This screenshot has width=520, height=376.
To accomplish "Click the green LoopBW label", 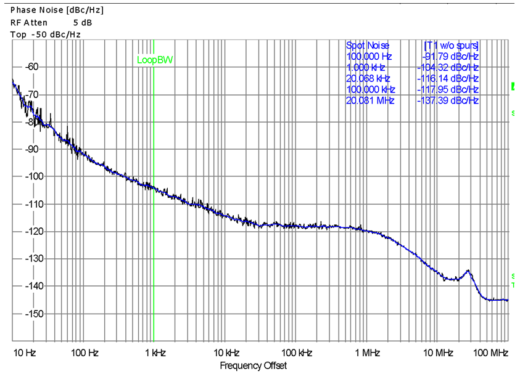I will tap(155, 60).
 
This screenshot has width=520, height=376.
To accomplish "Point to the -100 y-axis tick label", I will tap(28, 176).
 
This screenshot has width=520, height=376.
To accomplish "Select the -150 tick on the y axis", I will tap(28, 314).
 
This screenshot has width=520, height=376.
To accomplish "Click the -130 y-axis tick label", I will tap(28, 259).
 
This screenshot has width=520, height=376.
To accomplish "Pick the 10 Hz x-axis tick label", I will tap(24, 353).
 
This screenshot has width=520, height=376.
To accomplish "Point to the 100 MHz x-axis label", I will tap(491, 353).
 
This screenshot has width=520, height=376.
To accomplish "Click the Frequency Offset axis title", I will tap(253, 366).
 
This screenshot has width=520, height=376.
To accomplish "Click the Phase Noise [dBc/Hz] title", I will tap(57, 10).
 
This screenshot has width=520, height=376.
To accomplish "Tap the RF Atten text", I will tap(28, 22).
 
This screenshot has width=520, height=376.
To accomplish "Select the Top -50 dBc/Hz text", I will tap(46, 34).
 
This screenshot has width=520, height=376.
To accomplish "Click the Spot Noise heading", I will tap(368, 46).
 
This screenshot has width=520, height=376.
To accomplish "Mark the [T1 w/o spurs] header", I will tap(451, 46).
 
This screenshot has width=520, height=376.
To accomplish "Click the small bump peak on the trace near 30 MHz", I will tap(468, 271).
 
